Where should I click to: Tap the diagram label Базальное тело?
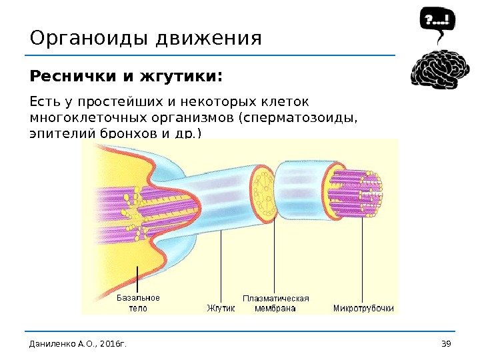pos(138,303)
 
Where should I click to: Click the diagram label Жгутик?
pos(221,309)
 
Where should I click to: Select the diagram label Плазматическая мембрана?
pos(275,303)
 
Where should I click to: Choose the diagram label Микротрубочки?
pos(363,309)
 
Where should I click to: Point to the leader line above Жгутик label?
pos(221,267)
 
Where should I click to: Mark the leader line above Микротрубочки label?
pos(363,260)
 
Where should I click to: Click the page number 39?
pos(447,343)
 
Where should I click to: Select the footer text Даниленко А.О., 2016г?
pos(78,343)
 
